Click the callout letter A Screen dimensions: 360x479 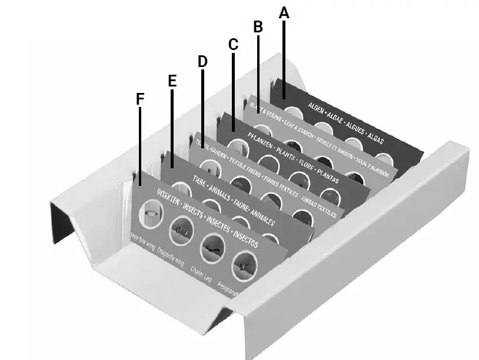(x=284, y=12)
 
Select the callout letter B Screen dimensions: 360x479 (x=258, y=26)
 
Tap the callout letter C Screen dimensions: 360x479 (x=233, y=44)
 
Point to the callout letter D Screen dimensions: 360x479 (x=202, y=61)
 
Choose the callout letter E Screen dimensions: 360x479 (x=172, y=81)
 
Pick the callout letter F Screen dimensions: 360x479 (x=139, y=99)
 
